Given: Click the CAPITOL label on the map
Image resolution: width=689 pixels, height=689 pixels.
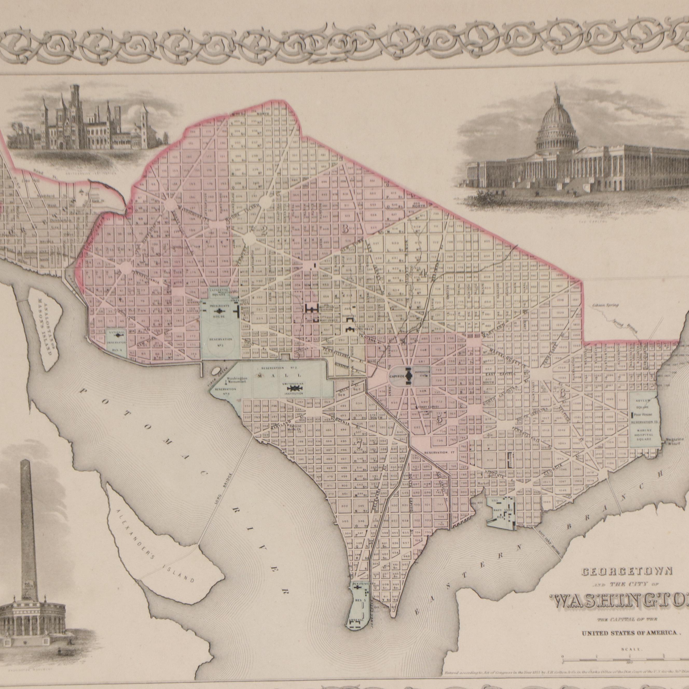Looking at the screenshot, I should coord(396,376).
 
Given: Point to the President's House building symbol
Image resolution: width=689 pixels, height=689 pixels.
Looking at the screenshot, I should coord(219,312).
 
